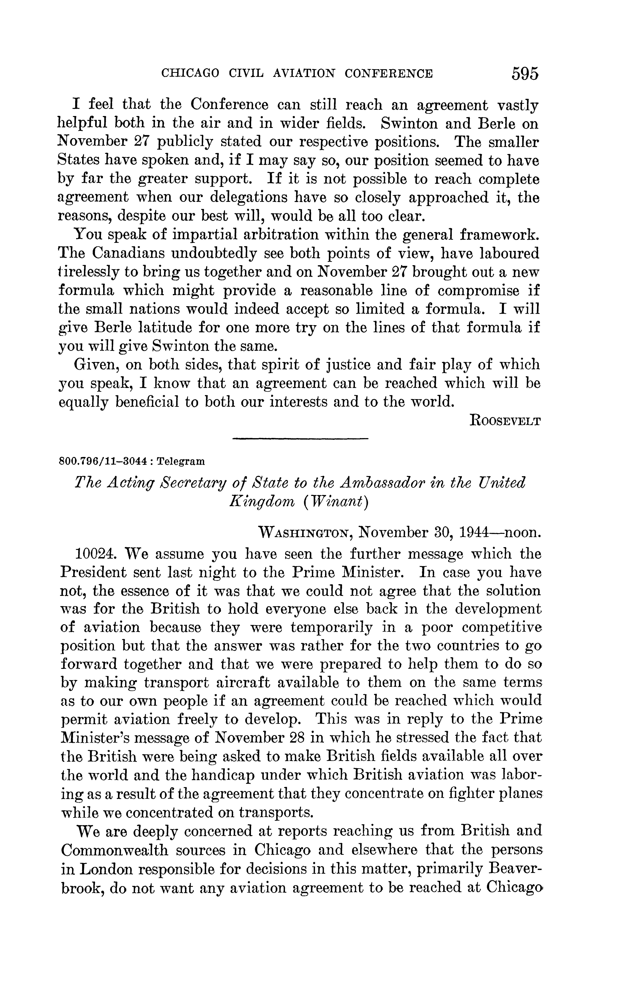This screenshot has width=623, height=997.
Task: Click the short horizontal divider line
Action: point(300,438)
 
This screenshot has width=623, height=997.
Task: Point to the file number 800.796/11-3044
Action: point(103,461)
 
